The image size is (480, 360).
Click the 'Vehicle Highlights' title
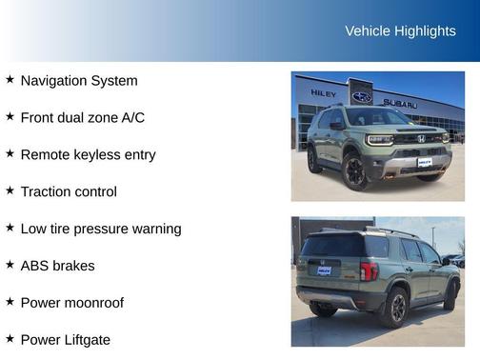(x=400, y=30)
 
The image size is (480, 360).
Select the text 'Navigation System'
(x=78, y=81)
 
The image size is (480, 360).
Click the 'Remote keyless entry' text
(x=88, y=154)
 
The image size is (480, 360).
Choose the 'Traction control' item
(x=69, y=191)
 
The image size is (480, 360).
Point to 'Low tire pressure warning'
(x=100, y=229)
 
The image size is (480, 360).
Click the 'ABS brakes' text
(x=57, y=266)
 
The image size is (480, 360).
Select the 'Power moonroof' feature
(x=71, y=303)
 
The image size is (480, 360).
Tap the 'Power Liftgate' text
(x=65, y=339)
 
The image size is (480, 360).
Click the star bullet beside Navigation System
(x=10, y=80)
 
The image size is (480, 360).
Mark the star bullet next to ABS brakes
(x=10, y=265)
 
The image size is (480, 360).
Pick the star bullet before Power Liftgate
(x=10, y=338)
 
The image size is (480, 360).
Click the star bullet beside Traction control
(x=10, y=190)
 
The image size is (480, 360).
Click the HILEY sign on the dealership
(x=323, y=93)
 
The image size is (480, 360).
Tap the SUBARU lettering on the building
(x=400, y=102)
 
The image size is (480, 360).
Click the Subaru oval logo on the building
(x=362, y=97)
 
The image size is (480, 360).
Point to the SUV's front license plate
(x=424, y=163)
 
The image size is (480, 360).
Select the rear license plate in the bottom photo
(x=324, y=270)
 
